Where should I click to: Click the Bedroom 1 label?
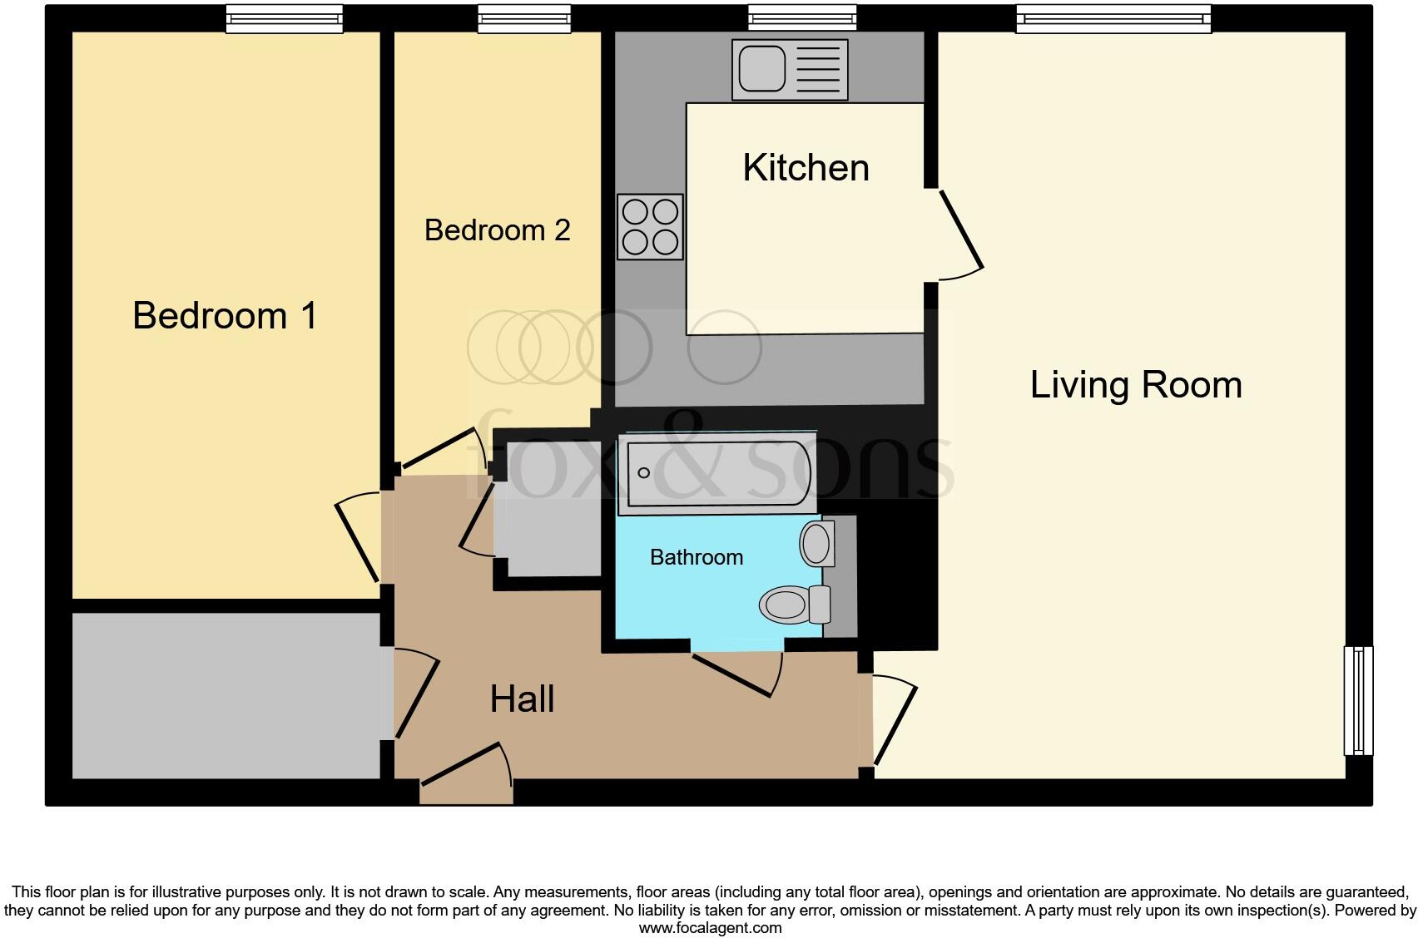pyautogui.click(x=225, y=316)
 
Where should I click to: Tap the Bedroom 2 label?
pyautogui.click(x=497, y=230)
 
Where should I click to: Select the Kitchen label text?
pyautogui.click(x=806, y=168)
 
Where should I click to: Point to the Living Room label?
pyautogui.click(x=1135, y=385)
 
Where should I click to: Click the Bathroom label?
pyautogui.click(x=696, y=557)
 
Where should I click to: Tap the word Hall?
pyautogui.click(x=522, y=699)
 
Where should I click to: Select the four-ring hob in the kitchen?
pyautogui.click(x=650, y=226)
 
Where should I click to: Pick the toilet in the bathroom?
pyautogui.click(x=795, y=604)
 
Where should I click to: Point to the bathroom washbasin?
pyautogui.click(x=816, y=544)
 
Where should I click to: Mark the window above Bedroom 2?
pyautogui.click(x=524, y=19)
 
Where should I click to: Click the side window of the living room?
pyautogui.click(x=1358, y=700)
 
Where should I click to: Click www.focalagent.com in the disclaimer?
pyautogui.click(x=710, y=927)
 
